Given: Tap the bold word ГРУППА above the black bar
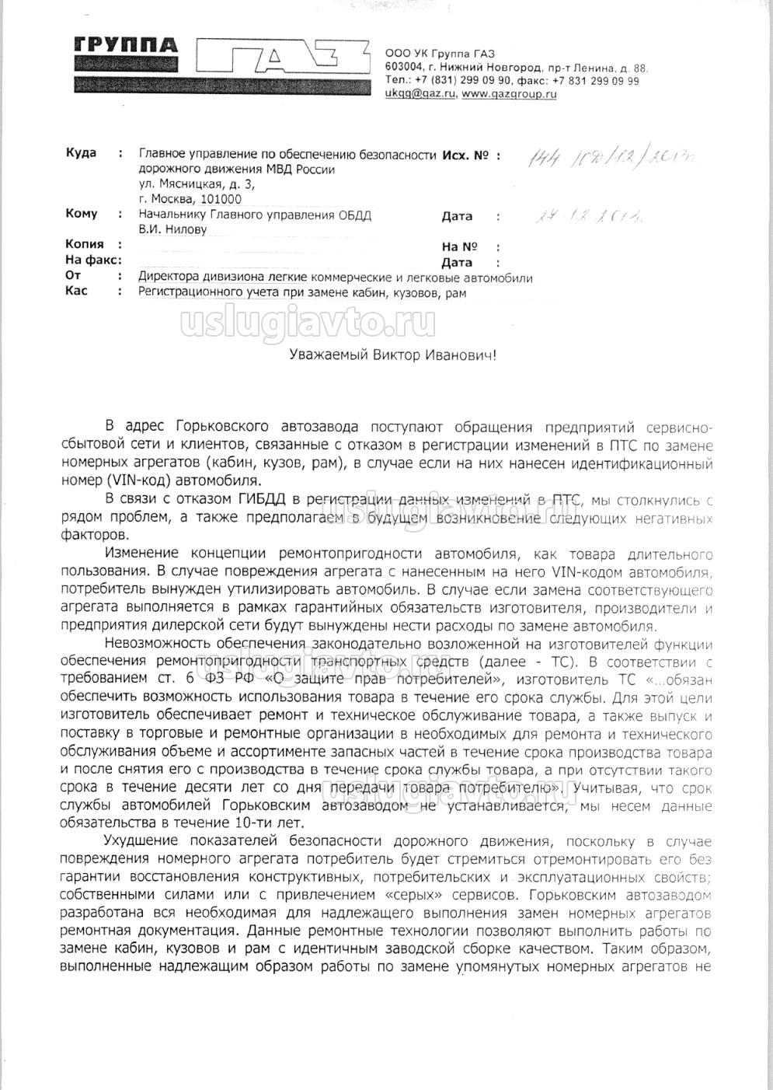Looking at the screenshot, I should pos(125,44).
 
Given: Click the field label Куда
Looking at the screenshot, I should pos(81,153).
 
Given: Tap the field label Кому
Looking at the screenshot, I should pos(82,214).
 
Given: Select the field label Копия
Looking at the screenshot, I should pos(85,244).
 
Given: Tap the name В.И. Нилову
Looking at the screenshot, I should pos(172,229).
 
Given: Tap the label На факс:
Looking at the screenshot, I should pos(94,260).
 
